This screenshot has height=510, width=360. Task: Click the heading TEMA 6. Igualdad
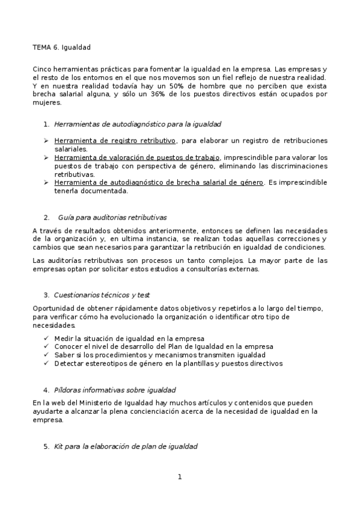[62, 47]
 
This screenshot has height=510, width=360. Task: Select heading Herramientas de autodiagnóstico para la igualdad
[138, 124]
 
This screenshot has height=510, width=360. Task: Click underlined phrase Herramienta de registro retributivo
[115, 141]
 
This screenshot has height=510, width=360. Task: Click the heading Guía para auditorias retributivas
[112, 217]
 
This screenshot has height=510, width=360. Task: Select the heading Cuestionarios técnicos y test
[102, 295]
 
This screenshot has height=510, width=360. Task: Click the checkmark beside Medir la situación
[47, 339]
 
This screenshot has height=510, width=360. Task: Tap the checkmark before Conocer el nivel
[47, 347]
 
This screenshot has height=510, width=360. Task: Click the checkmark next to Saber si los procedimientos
[47, 355]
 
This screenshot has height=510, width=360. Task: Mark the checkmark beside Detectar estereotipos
[47, 364]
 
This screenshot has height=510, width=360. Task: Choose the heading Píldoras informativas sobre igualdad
[115, 390]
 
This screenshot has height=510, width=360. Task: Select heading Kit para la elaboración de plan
[125, 447]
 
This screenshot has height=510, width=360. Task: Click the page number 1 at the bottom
[179, 478]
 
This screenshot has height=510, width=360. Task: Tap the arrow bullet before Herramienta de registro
[46, 141]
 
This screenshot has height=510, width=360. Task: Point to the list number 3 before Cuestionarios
[46, 295]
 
